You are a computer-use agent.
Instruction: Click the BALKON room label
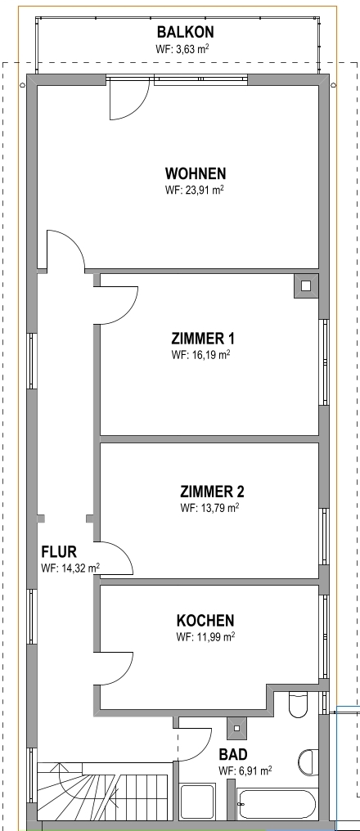pos(186,33)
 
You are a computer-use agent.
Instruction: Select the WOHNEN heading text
pos(195,174)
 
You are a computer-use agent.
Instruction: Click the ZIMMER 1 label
pos(203,338)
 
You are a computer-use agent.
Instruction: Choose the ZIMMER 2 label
pos(212,492)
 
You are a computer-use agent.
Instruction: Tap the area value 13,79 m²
pos(216,508)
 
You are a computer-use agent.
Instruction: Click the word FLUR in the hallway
pos(59,552)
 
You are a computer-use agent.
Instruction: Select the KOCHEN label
pos(205,621)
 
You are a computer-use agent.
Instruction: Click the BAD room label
pos(233,754)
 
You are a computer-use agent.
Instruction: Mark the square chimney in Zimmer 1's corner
pos(306,286)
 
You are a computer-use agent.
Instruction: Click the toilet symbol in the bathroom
pos(299,703)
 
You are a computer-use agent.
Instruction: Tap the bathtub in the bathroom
pos(278,804)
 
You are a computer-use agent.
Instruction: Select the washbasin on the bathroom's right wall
pos(308,762)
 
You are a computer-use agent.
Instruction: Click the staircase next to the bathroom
pos(105,792)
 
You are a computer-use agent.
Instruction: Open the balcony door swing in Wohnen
pos(128,101)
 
